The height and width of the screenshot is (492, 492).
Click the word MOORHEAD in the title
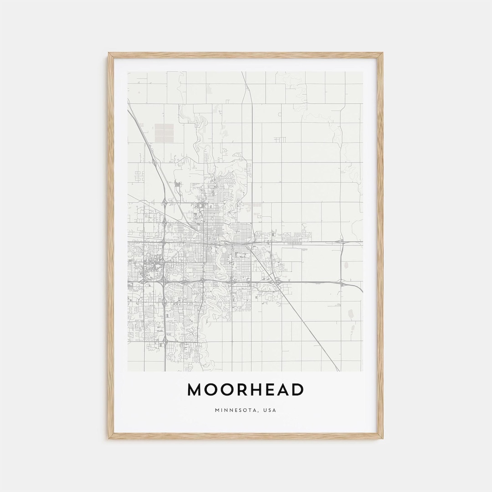[246, 389]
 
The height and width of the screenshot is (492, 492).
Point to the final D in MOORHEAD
[297, 389]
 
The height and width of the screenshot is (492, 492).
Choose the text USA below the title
[269, 410]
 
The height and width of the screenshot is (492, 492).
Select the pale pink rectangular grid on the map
[164, 132]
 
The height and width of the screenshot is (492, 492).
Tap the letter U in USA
[263, 410]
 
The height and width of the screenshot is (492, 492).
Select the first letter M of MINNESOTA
[217, 410]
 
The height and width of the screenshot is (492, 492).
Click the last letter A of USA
[274, 410]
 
